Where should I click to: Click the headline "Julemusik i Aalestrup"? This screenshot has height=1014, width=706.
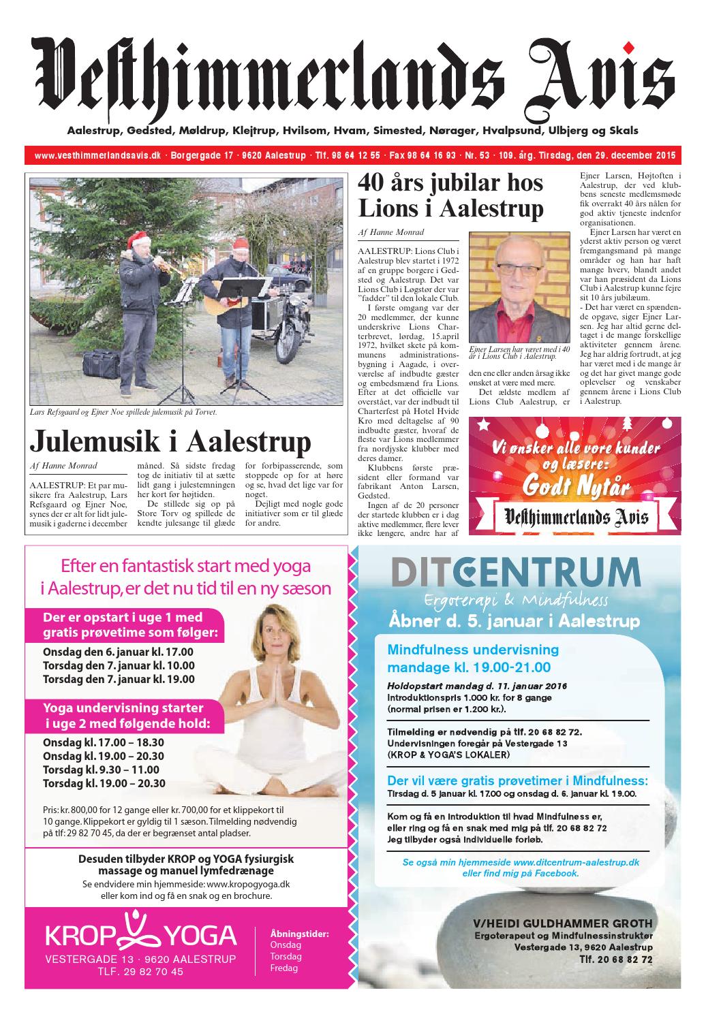pos(170,441)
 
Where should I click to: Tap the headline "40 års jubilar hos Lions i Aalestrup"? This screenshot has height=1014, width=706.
pos(451,195)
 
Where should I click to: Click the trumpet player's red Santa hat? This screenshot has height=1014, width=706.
pos(139,238)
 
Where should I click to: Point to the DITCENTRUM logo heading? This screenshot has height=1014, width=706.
pos(515,571)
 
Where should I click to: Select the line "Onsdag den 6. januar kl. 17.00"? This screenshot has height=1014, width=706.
pos(118,651)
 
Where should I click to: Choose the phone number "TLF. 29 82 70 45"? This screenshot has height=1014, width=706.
pos(140,972)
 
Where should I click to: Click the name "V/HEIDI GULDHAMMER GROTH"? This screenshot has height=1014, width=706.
pos(563,923)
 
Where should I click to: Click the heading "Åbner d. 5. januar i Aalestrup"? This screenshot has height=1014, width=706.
pos(514,621)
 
